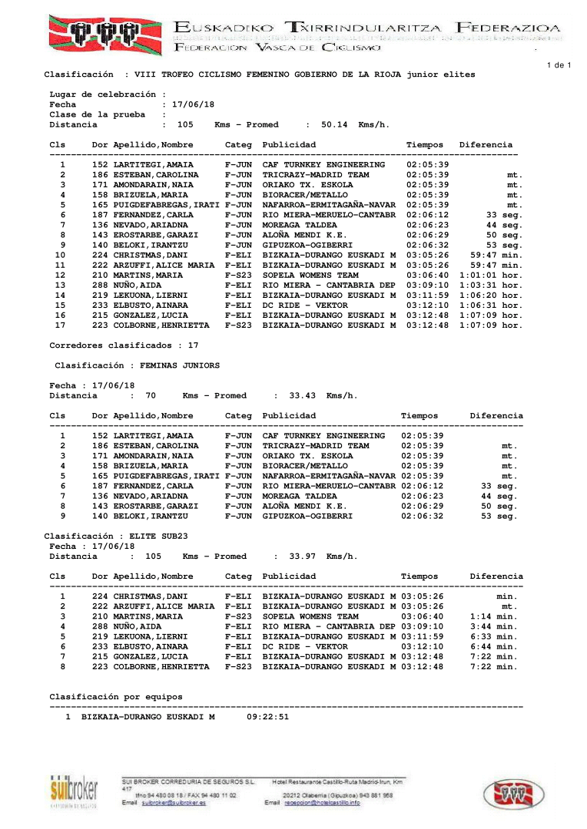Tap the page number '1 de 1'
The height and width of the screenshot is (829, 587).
pos(559,65)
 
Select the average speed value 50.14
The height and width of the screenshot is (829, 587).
pos(334,124)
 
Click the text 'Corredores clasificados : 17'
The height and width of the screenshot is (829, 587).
pos(124,345)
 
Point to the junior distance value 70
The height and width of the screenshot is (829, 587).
pos(151,396)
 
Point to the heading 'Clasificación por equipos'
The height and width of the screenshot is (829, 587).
pos(116,697)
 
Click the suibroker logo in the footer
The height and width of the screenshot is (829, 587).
pos(74,791)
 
